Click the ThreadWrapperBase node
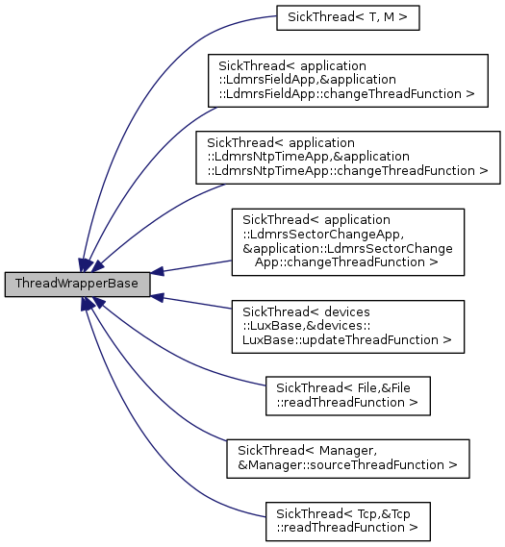pyautogui.click(x=77, y=285)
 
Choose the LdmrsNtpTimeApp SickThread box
pyautogui.click(x=347, y=157)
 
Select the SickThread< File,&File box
pyautogui.click(x=346, y=395)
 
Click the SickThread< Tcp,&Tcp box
pyautogui.click(x=346, y=520)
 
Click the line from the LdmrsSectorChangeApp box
pyautogui.click(x=192, y=266)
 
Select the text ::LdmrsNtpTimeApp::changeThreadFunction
pyautogui.click(x=347, y=171)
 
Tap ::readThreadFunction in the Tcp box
pyautogui.click(x=346, y=528)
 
